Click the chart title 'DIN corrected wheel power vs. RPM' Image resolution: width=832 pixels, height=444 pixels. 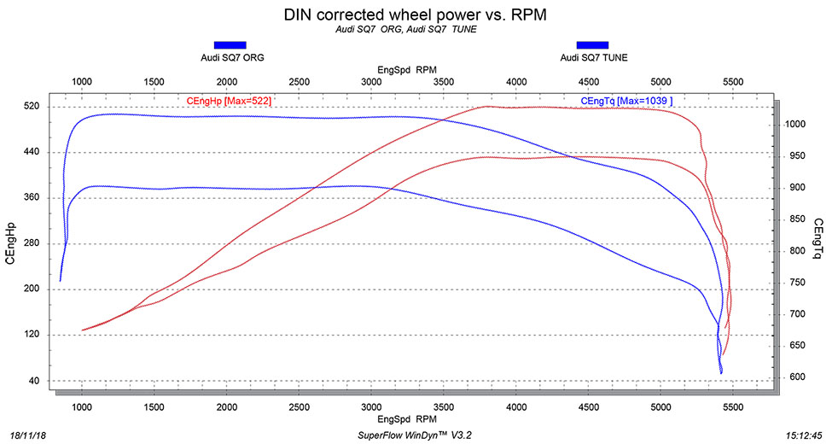pyautogui.click(x=416, y=15)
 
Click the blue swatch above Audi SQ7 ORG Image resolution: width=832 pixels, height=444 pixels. pyautogui.click(x=230, y=44)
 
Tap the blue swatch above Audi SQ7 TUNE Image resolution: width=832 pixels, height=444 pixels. pyautogui.click(x=592, y=44)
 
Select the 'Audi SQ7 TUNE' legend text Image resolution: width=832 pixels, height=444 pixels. pyautogui.click(x=592, y=58)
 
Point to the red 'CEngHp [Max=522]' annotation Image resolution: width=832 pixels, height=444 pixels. pyautogui.click(x=229, y=101)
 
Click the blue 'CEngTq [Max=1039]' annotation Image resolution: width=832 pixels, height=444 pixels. pyautogui.click(x=626, y=101)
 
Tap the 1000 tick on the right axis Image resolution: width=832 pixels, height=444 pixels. pyautogui.click(x=794, y=125)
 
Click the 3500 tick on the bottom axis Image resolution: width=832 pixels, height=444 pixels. pyautogui.click(x=444, y=407)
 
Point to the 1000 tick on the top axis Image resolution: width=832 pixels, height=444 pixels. pyautogui.click(x=81, y=82)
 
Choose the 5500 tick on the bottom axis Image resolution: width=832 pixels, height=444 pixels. pyautogui.click(x=733, y=407)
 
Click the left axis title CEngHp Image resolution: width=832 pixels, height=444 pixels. pyautogui.click(x=12, y=243)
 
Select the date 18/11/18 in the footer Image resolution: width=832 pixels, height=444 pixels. pyautogui.click(x=27, y=435)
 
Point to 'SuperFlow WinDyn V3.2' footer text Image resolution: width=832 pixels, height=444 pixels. pyautogui.click(x=416, y=435)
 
